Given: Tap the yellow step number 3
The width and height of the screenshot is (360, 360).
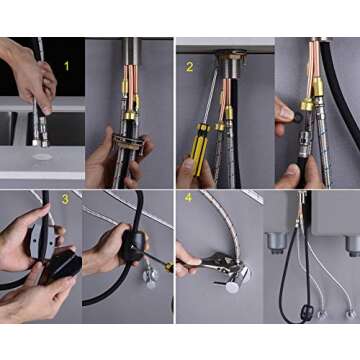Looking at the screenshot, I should point(64,199).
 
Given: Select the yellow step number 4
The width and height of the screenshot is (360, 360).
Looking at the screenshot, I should point(186,199).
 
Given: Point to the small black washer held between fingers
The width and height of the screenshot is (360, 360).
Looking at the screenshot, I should point(287,111).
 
